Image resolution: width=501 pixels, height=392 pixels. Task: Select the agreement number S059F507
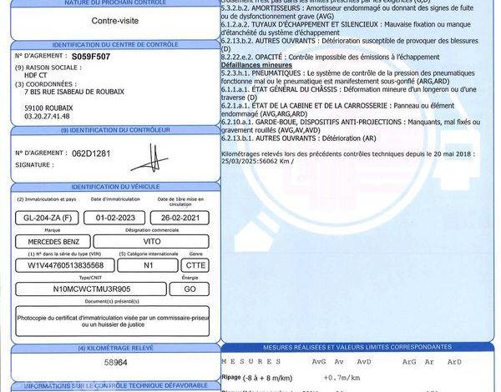(89, 55)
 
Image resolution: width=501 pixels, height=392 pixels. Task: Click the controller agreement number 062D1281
(91, 153)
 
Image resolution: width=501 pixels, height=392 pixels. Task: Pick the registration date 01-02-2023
(114, 218)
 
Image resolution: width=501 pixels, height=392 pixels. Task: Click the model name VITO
(152, 240)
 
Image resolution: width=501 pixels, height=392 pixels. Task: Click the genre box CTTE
(195, 264)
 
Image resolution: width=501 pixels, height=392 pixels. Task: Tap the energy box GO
(190, 289)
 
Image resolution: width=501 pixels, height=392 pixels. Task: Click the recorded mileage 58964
(115, 364)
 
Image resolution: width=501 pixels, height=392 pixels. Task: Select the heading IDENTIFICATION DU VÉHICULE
(115, 187)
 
